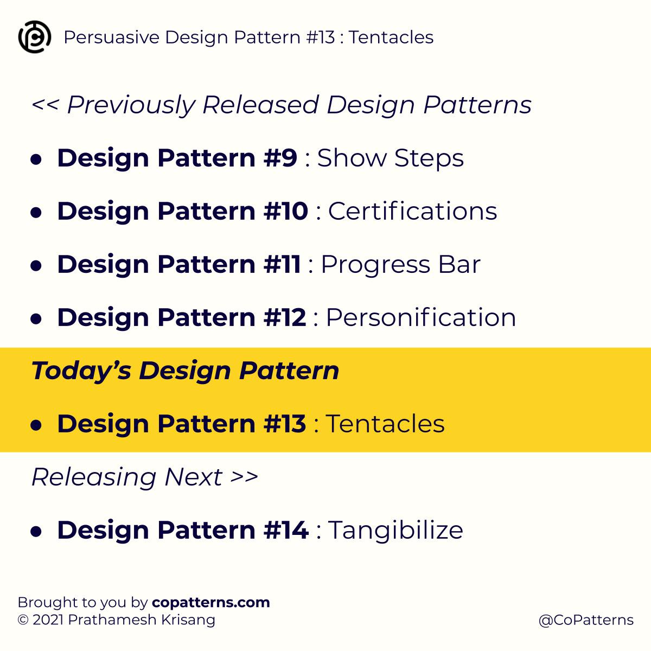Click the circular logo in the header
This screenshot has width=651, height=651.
pyautogui.click(x=35, y=37)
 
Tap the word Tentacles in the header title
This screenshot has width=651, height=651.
pyautogui.click(x=391, y=37)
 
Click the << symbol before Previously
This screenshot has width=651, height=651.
pyautogui.click(x=44, y=105)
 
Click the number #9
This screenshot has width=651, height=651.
pyautogui.click(x=280, y=158)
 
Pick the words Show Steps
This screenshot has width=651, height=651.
pyautogui.click(x=390, y=158)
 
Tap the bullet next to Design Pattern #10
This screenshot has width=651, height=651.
pyautogui.click(x=36, y=212)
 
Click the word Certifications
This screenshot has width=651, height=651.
pyautogui.click(x=412, y=211)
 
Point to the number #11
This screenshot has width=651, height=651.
pyautogui.click(x=282, y=264)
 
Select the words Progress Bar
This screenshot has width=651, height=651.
pyautogui.click(x=400, y=264)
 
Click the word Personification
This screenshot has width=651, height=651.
pyautogui.click(x=420, y=317)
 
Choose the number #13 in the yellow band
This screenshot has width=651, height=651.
pyautogui.click(x=285, y=424)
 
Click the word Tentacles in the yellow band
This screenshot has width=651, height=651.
pyautogui.click(x=385, y=424)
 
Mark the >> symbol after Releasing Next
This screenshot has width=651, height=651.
pyautogui.click(x=244, y=477)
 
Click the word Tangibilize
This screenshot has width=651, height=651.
pyautogui.click(x=395, y=530)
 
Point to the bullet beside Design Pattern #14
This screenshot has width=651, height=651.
pyautogui.click(x=36, y=531)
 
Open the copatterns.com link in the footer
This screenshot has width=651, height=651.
pyautogui.click(x=211, y=602)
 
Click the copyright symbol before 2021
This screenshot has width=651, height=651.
pyautogui.click(x=23, y=620)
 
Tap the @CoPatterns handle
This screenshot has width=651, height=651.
pyautogui.click(x=586, y=620)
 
